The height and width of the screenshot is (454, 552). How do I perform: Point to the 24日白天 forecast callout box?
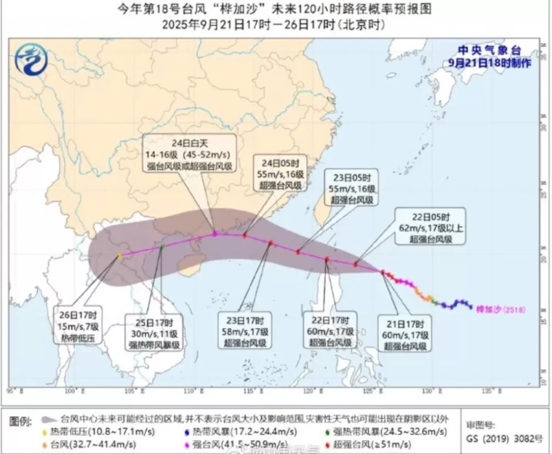190,152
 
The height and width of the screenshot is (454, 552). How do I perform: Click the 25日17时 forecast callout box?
154,333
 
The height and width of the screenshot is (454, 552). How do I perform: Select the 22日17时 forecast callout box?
330,330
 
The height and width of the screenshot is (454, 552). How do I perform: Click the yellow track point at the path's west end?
119,256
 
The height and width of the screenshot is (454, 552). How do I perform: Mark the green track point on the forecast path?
162,247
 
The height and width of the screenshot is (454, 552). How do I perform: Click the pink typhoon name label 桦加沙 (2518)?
500,309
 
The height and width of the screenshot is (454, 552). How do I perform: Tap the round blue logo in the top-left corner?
31,59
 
